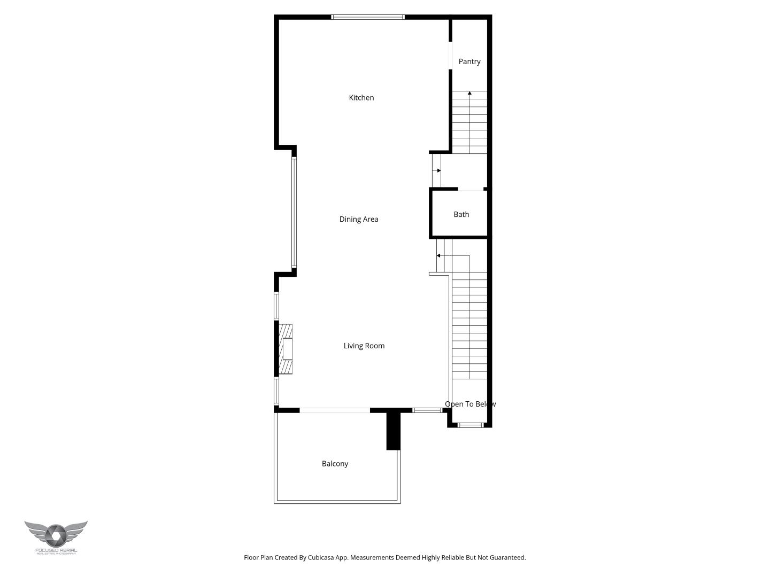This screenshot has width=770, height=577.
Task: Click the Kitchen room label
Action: pyautogui.click(x=361, y=98)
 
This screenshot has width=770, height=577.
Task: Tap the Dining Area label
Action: pyautogui.click(x=358, y=219)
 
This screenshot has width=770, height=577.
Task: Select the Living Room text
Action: pyautogui.click(x=364, y=346)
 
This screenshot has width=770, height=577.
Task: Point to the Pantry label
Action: pyautogui.click(x=469, y=61)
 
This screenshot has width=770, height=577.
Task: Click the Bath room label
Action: pyautogui.click(x=461, y=214)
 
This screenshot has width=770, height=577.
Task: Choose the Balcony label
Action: pyautogui.click(x=335, y=464)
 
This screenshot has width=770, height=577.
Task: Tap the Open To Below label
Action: pyautogui.click(x=470, y=404)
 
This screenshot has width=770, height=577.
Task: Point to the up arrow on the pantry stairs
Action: pyautogui.click(x=469, y=93)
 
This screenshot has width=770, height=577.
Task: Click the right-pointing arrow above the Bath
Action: pyautogui.click(x=437, y=170)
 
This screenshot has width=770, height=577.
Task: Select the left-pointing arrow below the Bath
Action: pyautogui.click(x=439, y=256)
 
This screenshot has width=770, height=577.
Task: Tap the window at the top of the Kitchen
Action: pyautogui.click(x=368, y=17)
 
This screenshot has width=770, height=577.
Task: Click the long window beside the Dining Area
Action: pyautogui.click(x=294, y=212)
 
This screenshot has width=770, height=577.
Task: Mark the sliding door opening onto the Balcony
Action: pyautogui.click(x=334, y=410)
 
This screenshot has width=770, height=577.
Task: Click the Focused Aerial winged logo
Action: pyautogui.click(x=56, y=536)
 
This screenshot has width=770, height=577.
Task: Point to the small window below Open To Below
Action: pyautogui.click(x=471, y=425)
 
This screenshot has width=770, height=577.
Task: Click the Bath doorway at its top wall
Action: pyautogui.click(x=471, y=189)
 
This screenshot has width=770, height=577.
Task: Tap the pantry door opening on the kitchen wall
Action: pyautogui.click(x=450, y=55)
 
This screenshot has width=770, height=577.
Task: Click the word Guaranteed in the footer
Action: pyautogui.click(x=506, y=557)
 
